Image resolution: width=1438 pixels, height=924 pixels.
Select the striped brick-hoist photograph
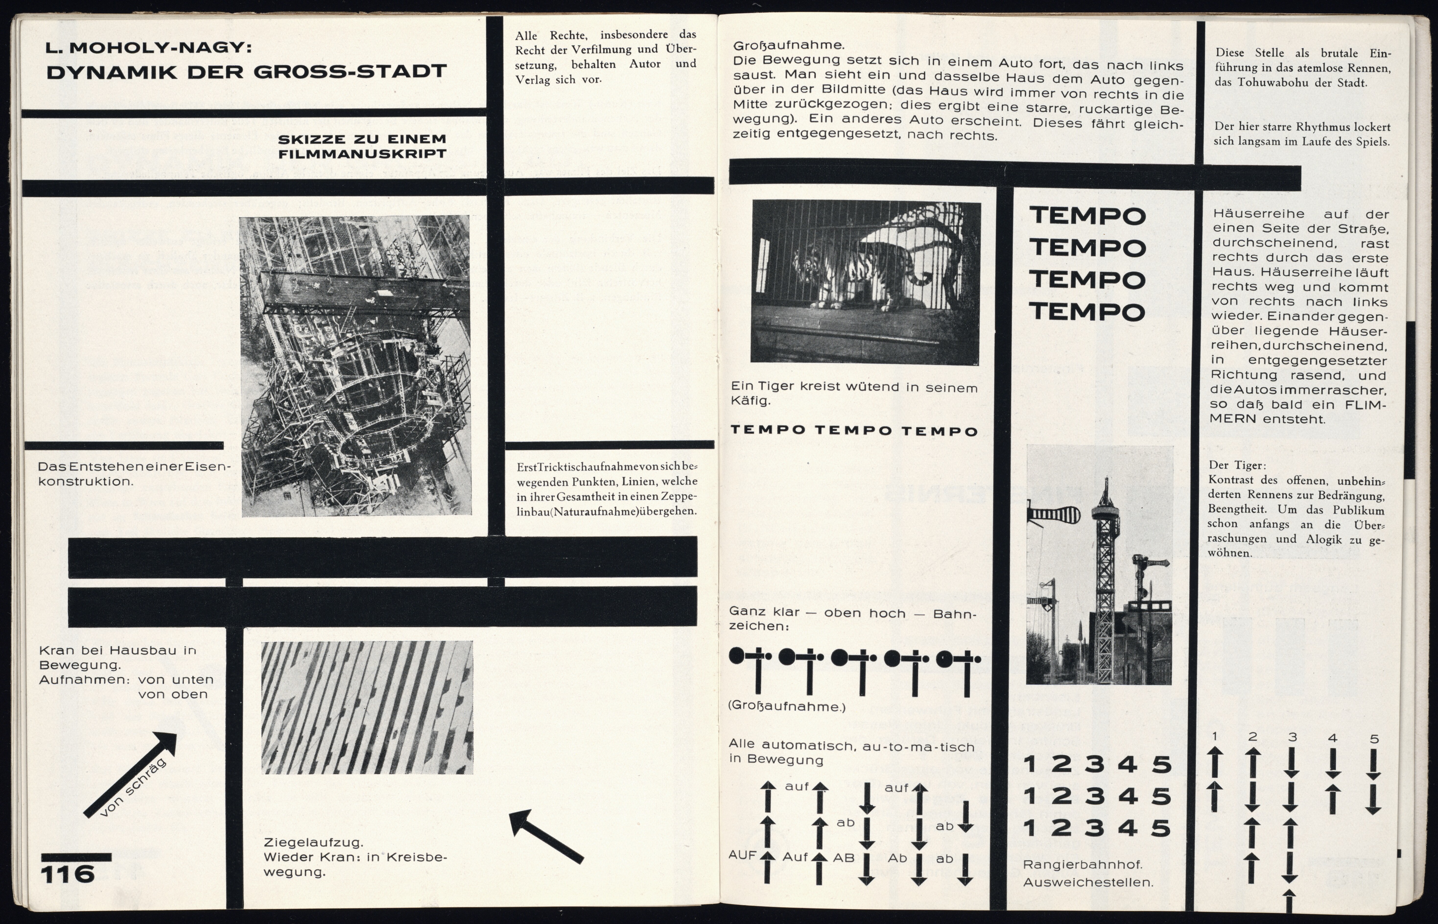pos(367,707)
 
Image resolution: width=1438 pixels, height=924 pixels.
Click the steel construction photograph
pos(356,366)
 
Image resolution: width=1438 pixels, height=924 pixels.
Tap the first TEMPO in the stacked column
pos(1087,216)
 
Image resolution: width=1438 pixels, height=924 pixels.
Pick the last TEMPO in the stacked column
pos(1087,312)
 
